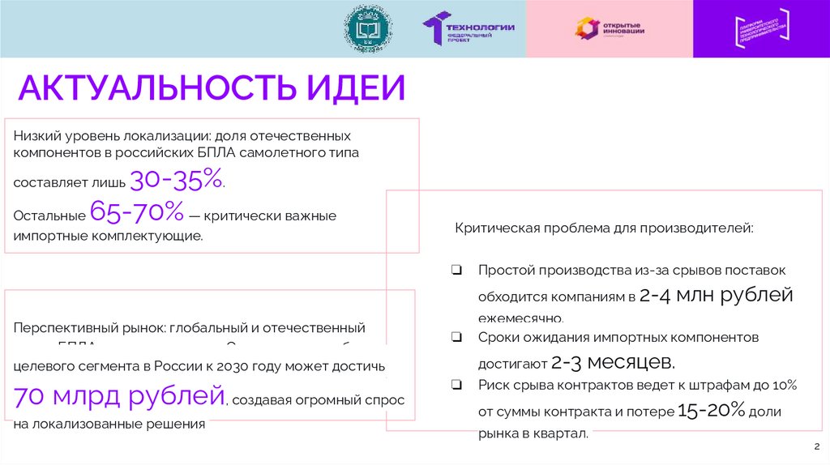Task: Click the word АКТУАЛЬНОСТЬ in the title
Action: (154, 87)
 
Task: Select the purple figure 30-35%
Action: (176, 180)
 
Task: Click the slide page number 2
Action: (816, 446)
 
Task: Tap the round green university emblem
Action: (369, 28)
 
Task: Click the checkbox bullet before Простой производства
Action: (457, 270)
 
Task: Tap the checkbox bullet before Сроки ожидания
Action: (457, 335)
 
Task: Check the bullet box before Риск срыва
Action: (457, 386)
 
